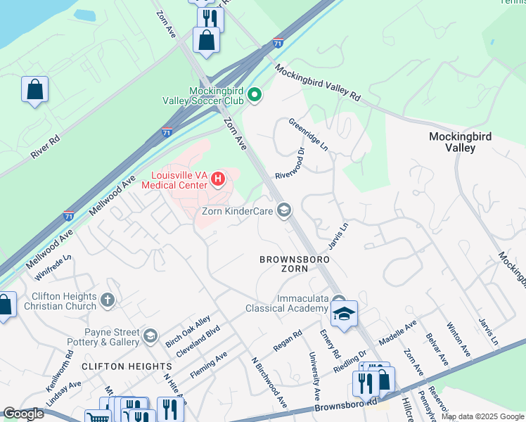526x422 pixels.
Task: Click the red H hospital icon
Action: click(x=218, y=179)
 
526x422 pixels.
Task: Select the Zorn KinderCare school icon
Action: click(x=284, y=210)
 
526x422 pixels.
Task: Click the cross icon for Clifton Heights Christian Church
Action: click(x=108, y=300)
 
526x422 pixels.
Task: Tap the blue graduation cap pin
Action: click(x=344, y=314)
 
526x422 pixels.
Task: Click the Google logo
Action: click(x=23, y=414)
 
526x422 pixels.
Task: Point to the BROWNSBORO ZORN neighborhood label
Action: click(x=295, y=264)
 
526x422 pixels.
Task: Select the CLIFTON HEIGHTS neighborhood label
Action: click(x=127, y=366)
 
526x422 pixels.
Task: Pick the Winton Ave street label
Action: click(x=457, y=338)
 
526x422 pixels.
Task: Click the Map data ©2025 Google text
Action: click(x=482, y=416)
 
